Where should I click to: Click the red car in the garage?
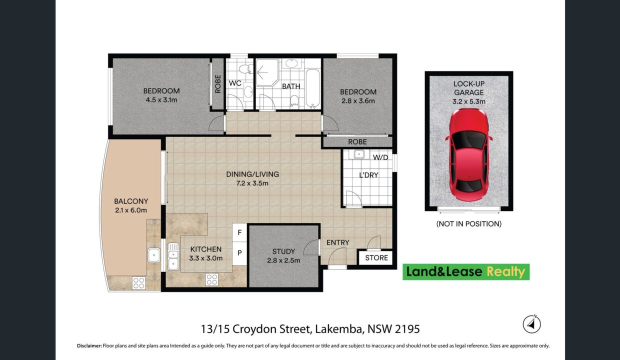point(469,155)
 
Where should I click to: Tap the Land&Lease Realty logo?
point(466,271)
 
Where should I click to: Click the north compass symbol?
point(531,324)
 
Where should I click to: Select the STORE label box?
point(376,258)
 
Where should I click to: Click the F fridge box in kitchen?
point(239,232)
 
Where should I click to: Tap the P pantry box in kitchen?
point(239,253)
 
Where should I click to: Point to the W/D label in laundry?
point(380,157)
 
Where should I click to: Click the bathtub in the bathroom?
point(313,88)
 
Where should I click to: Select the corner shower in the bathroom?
point(267,72)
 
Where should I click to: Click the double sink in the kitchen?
point(173,256)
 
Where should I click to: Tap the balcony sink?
point(154,255)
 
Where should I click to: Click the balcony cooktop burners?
point(138,283)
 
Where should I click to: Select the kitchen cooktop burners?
point(211,279)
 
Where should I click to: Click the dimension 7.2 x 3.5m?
point(252,183)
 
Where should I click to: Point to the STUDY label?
point(283,251)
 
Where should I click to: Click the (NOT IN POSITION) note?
point(469,223)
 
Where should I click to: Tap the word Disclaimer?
point(89,345)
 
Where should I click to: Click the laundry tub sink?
point(359,154)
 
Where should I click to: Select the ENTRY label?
point(337,242)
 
